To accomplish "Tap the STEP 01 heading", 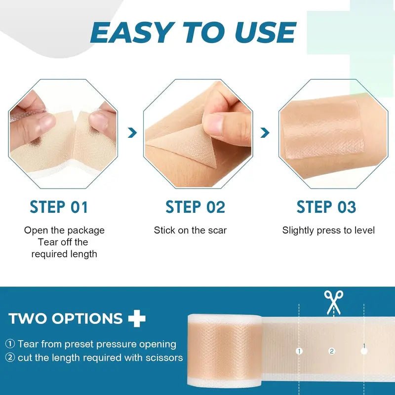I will (59, 207).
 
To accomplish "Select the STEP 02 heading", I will (195, 207).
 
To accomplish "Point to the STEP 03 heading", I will (326, 207).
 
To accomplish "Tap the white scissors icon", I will (333, 302).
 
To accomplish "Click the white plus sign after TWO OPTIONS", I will (137, 318).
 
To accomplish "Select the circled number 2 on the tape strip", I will (332, 351).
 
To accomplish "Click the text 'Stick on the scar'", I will (190, 230).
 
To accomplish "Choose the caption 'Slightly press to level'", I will (328, 230).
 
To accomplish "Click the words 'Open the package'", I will (64, 230).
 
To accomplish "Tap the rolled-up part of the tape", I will (220, 351).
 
